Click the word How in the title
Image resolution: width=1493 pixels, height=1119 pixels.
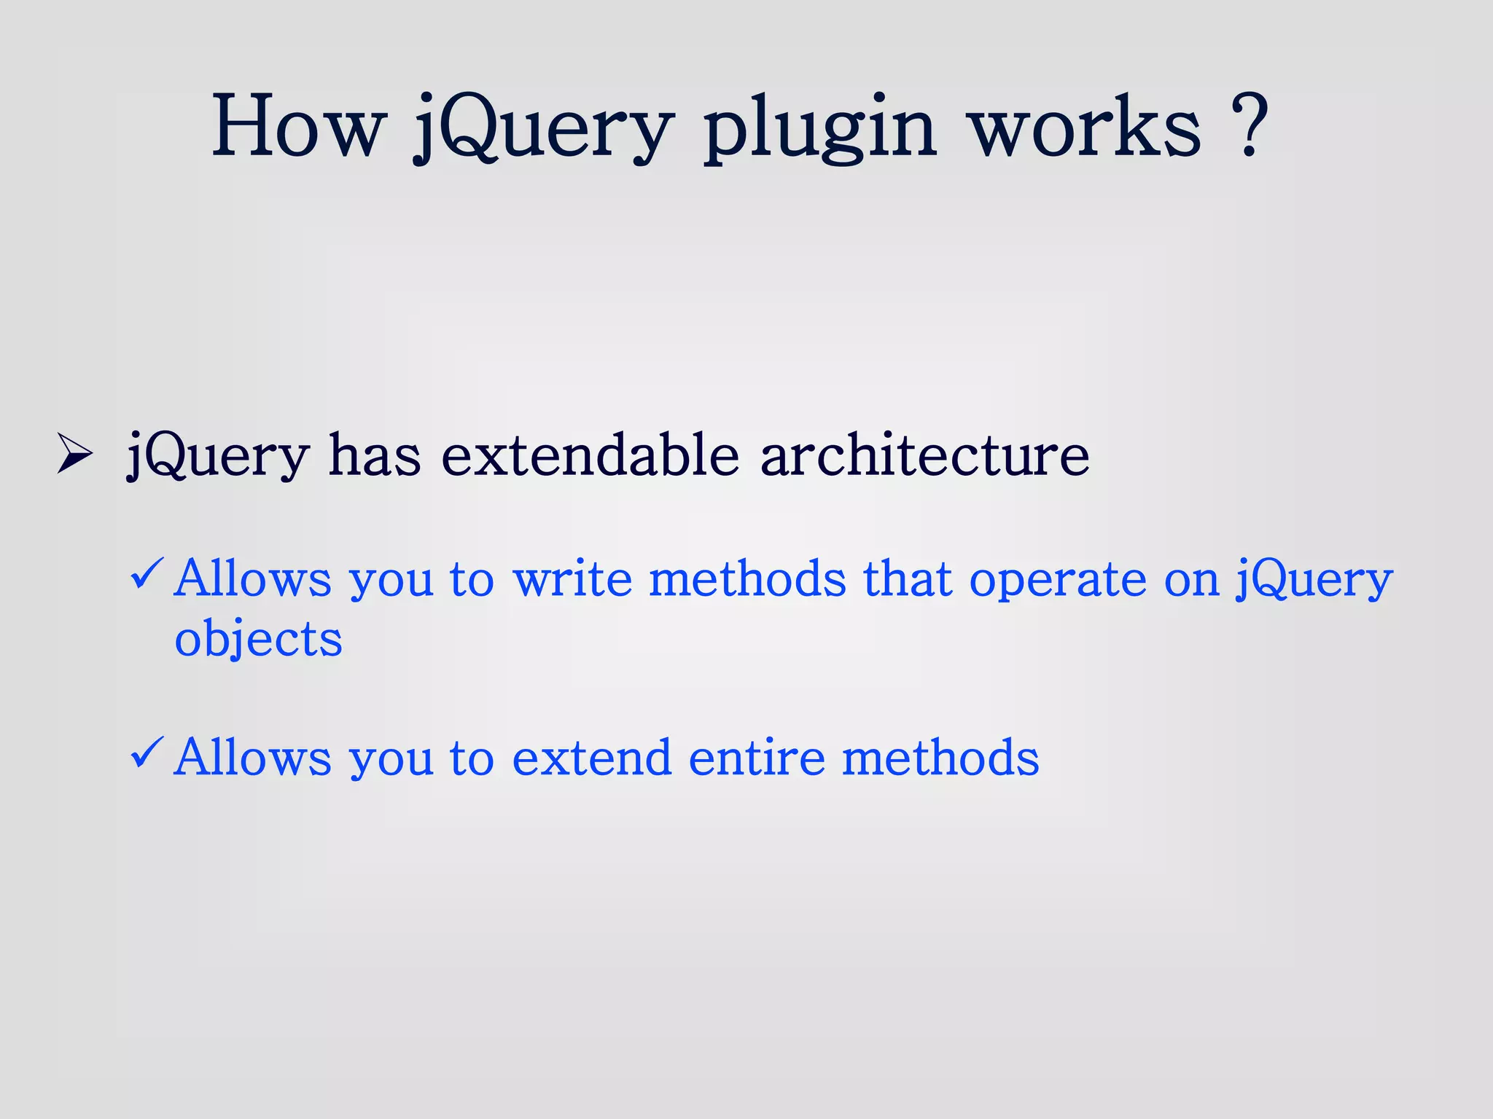click(297, 127)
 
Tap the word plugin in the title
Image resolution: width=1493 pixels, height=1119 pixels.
click(820, 130)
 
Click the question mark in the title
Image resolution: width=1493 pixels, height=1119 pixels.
click(1251, 125)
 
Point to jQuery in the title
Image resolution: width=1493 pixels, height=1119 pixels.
click(542, 130)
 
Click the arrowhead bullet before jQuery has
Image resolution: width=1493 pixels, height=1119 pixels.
click(74, 455)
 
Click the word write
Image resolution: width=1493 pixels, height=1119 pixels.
click(572, 579)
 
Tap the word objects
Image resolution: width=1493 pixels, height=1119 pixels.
click(258, 640)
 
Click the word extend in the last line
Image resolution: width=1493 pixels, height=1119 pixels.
click(591, 758)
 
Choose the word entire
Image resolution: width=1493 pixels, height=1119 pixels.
click(757, 758)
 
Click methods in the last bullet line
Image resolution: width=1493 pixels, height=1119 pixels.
click(940, 758)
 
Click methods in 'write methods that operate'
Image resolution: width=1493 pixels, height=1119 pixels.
click(747, 579)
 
